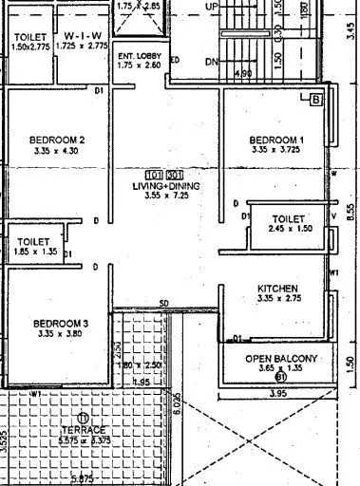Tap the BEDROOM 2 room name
pos(58,140)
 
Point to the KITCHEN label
pos(278,289)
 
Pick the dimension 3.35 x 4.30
pos(58,151)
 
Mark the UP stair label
pos(213,6)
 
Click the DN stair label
pos(212,63)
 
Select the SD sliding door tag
pos(163,304)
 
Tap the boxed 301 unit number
pos(174,176)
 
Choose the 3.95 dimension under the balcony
pos(278,393)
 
